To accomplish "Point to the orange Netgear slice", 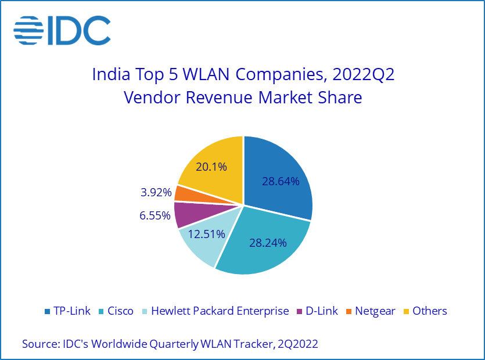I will point(184,193).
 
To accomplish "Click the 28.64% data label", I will point(281,181).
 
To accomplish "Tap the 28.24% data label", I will point(268,242).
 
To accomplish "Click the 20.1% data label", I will point(211,167).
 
